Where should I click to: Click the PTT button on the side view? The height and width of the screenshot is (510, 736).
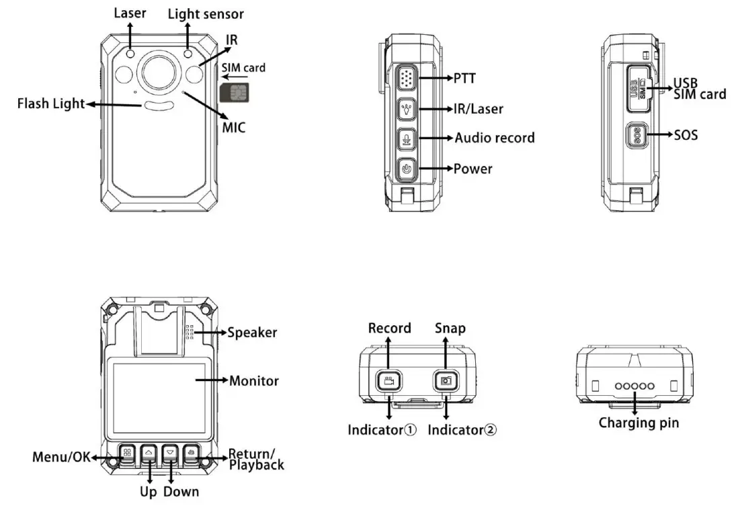[x=405, y=79]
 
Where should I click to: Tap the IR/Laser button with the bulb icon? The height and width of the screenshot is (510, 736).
[x=405, y=109]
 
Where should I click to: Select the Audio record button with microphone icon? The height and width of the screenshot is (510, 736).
[x=405, y=138]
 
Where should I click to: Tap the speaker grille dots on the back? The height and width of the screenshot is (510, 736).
[x=190, y=332]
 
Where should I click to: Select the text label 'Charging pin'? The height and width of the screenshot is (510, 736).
[x=639, y=423]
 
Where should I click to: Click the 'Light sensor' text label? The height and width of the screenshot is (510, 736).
[x=206, y=13]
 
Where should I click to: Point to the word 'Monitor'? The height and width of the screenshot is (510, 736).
[x=254, y=381]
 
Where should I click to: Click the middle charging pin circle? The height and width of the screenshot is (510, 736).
[x=635, y=386]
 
